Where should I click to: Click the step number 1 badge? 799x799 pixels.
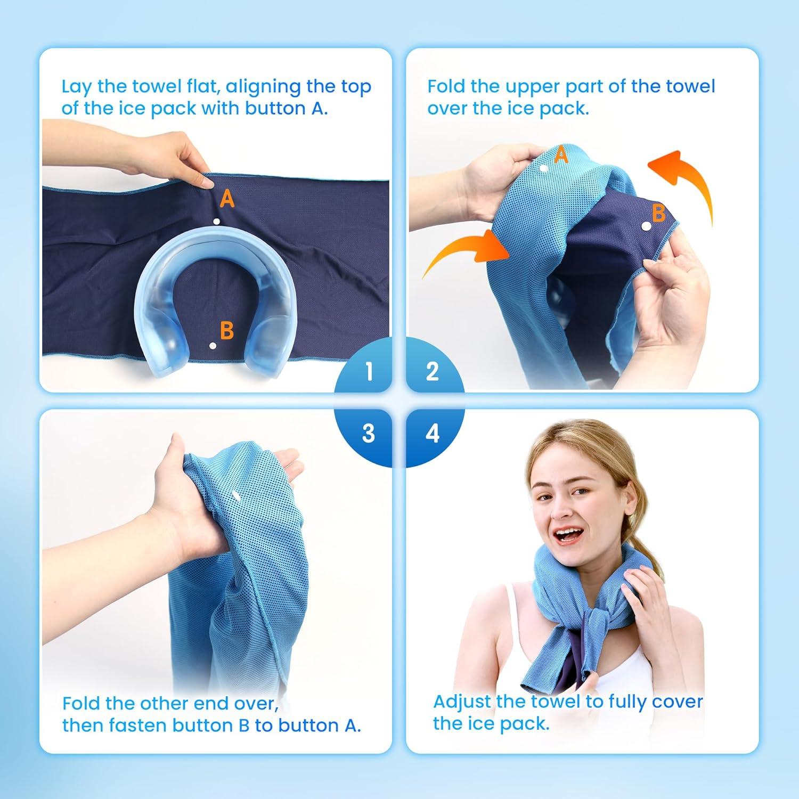[x=369, y=371]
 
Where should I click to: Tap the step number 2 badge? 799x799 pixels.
[x=432, y=371]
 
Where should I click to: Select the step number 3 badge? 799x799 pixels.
[x=369, y=433]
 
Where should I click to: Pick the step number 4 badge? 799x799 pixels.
[x=432, y=433]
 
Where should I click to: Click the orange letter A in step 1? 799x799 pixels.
[x=227, y=199]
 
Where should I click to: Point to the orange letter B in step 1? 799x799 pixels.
[x=227, y=331]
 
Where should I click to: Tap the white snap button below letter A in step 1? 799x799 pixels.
[x=216, y=221]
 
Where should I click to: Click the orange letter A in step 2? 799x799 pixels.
[x=561, y=156]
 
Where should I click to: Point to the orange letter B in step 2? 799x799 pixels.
[x=659, y=213]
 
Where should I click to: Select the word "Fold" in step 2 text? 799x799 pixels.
[x=446, y=86]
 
